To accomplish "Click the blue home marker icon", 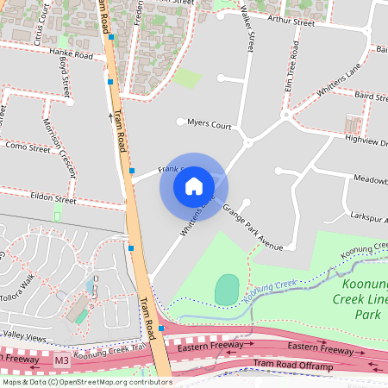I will [x=193, y=185].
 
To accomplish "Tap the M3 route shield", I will [x=60, y=359].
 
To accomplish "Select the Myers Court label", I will [x=210, y=124].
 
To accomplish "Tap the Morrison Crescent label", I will [x=61, y=142].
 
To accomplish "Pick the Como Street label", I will [x=28, y=148].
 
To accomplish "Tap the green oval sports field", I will [x=226, y=289].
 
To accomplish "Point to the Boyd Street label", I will [x=64, y=78].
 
